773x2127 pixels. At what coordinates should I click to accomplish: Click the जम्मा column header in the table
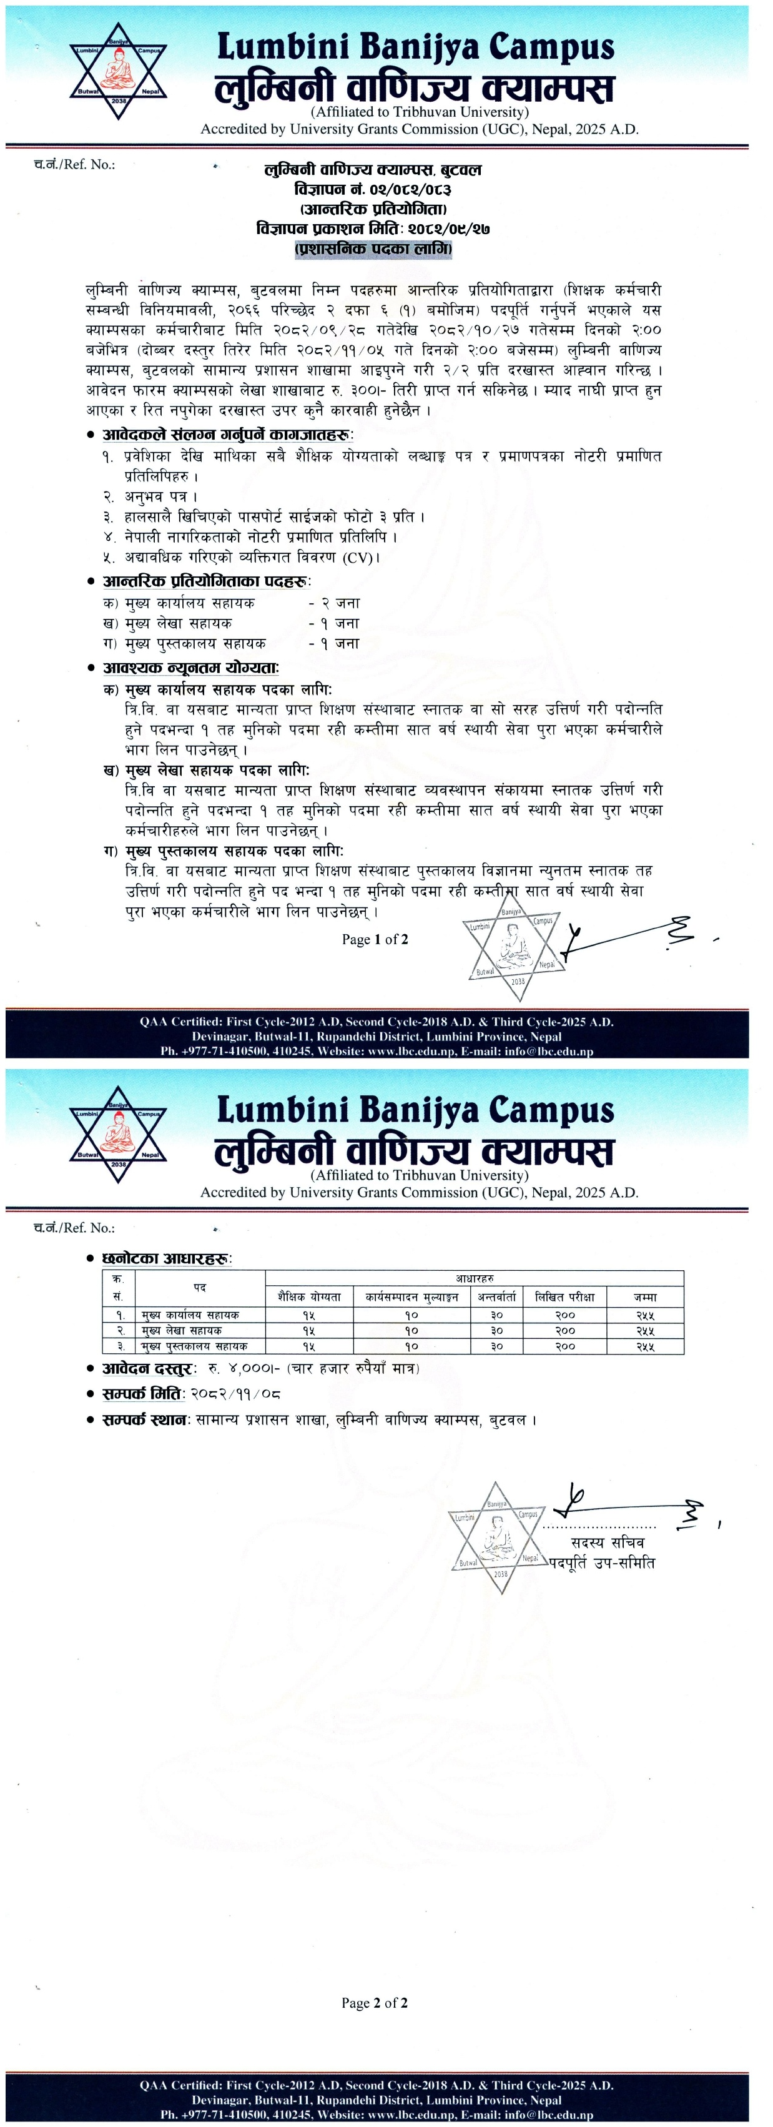[645, 1296]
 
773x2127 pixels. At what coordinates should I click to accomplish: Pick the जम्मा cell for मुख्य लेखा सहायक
[645, 1330]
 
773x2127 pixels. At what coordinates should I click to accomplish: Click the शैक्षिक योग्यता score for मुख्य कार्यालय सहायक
[308, 1315]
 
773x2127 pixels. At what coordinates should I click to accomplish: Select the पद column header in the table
[200, 1287]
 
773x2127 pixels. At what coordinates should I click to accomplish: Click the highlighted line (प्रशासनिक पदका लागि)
[373, 249]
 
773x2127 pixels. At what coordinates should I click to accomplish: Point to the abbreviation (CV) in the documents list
[358, 557]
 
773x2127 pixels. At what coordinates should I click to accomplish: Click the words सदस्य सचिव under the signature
[607, 1542]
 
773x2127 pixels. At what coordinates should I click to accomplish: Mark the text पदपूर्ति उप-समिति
[602, 1562]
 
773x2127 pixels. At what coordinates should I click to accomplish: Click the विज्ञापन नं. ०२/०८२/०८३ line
[373, 190]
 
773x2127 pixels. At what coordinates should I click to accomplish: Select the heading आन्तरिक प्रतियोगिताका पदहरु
[205, 581]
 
